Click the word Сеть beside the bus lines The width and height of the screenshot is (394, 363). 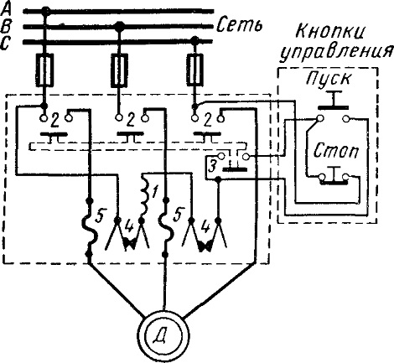point(240,24)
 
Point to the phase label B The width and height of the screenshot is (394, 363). point(6,26)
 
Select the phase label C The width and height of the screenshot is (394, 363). point(6,43)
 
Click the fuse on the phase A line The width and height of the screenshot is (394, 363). point(44,70)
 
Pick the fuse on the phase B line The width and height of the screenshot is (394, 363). point(120,70)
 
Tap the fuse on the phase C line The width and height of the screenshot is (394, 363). point(194,70)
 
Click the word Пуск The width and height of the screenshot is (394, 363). point(328,79)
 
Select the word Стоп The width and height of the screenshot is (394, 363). point(335,151)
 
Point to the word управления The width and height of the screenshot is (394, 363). point(336,52)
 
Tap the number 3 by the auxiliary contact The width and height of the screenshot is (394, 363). point(213,168)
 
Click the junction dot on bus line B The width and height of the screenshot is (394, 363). point(120,26)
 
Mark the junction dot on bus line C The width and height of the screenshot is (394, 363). point(194,40)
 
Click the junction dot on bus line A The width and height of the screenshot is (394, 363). point(45,11)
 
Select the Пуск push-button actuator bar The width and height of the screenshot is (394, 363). point(333,107)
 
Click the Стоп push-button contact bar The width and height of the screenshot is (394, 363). point(334,183)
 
